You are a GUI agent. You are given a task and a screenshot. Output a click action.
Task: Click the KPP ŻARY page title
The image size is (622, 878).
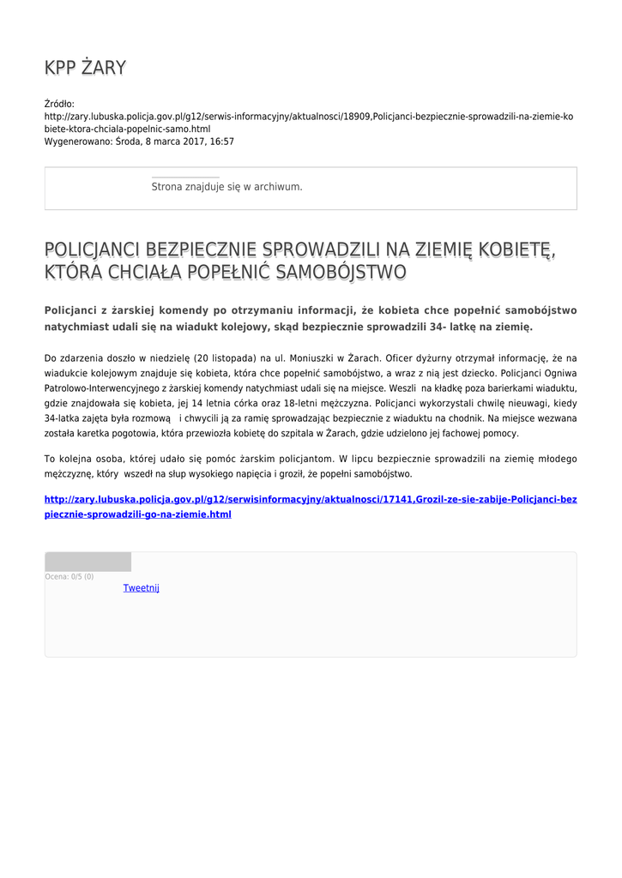85,68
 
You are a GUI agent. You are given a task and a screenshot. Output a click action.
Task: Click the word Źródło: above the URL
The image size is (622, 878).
59,104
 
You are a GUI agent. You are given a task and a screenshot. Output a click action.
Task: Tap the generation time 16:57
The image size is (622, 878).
221,141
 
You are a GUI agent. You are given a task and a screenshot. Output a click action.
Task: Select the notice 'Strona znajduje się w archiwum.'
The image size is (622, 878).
226,186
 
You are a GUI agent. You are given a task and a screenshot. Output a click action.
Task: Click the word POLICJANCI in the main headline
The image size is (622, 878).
93,250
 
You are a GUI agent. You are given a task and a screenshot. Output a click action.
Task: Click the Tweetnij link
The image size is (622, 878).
141,588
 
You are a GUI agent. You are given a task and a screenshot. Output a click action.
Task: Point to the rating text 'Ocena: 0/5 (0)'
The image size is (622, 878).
69,577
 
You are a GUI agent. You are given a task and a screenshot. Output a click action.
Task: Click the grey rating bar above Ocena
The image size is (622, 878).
88,562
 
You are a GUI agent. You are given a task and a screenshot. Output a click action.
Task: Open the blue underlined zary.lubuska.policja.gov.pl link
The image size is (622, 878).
310,507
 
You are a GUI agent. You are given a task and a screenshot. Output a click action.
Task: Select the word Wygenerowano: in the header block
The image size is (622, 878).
77,141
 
